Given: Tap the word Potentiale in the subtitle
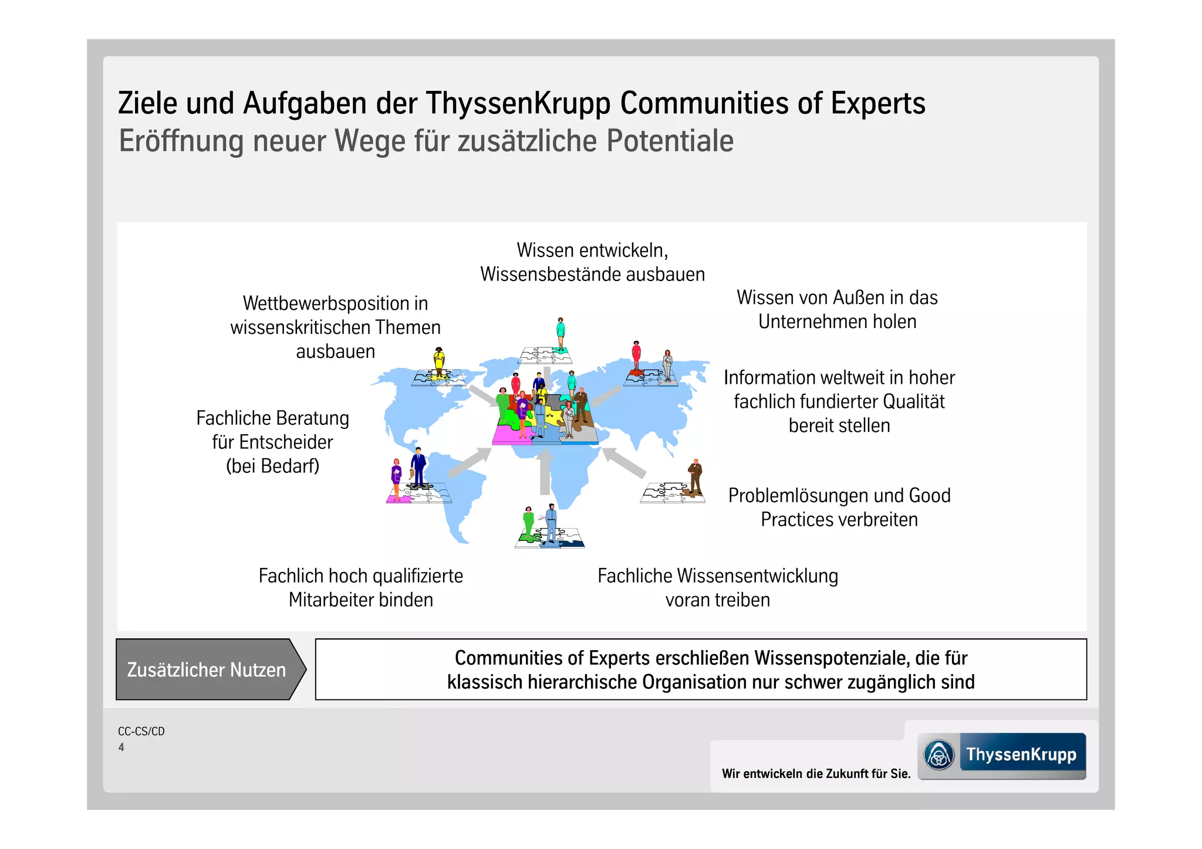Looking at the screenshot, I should (x=670, y=141).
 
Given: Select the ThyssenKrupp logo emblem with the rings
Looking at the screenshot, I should (x=939, y=755).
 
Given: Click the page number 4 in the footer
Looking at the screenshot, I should (x=121, y=747).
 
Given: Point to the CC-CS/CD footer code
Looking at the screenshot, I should (x=141, y=731).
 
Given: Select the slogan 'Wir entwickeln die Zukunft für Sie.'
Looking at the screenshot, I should (x=816, y=773).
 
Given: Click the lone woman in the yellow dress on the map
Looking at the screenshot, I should (x=439, y=360).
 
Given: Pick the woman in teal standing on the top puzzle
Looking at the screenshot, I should (x=561, y=333).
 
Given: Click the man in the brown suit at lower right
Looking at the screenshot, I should (x=695, y=475).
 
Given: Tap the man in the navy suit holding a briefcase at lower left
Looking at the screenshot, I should (x=418, y=466).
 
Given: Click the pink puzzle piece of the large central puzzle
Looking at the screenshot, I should (x=505, y=435).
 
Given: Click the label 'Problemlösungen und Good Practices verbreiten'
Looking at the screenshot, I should (x=839, y=508).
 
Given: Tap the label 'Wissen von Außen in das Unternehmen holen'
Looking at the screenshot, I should (x=837, y=309).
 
